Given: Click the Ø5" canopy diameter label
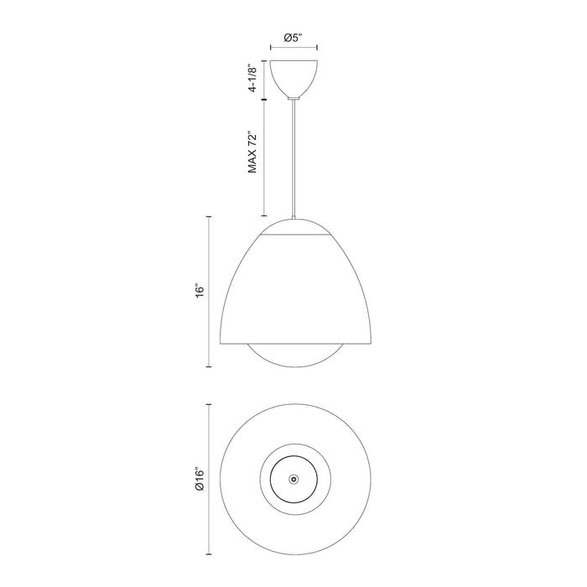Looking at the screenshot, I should coord(293,38).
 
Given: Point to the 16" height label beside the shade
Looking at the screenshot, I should coord(199,290).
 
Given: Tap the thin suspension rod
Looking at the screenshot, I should coord(293,159).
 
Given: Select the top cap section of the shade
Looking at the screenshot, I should coord(293,230).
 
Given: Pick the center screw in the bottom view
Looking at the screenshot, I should coord(293,478).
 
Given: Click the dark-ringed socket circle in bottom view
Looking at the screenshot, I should coord(293,478).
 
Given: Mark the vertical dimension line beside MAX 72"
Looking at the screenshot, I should coord(264,156).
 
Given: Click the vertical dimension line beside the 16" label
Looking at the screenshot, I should coord(210,291).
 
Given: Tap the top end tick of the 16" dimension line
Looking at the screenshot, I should coord(210,216).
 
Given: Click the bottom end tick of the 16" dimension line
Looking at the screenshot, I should coord(210,366).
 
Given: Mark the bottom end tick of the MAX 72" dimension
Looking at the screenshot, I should coord(264,216).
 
